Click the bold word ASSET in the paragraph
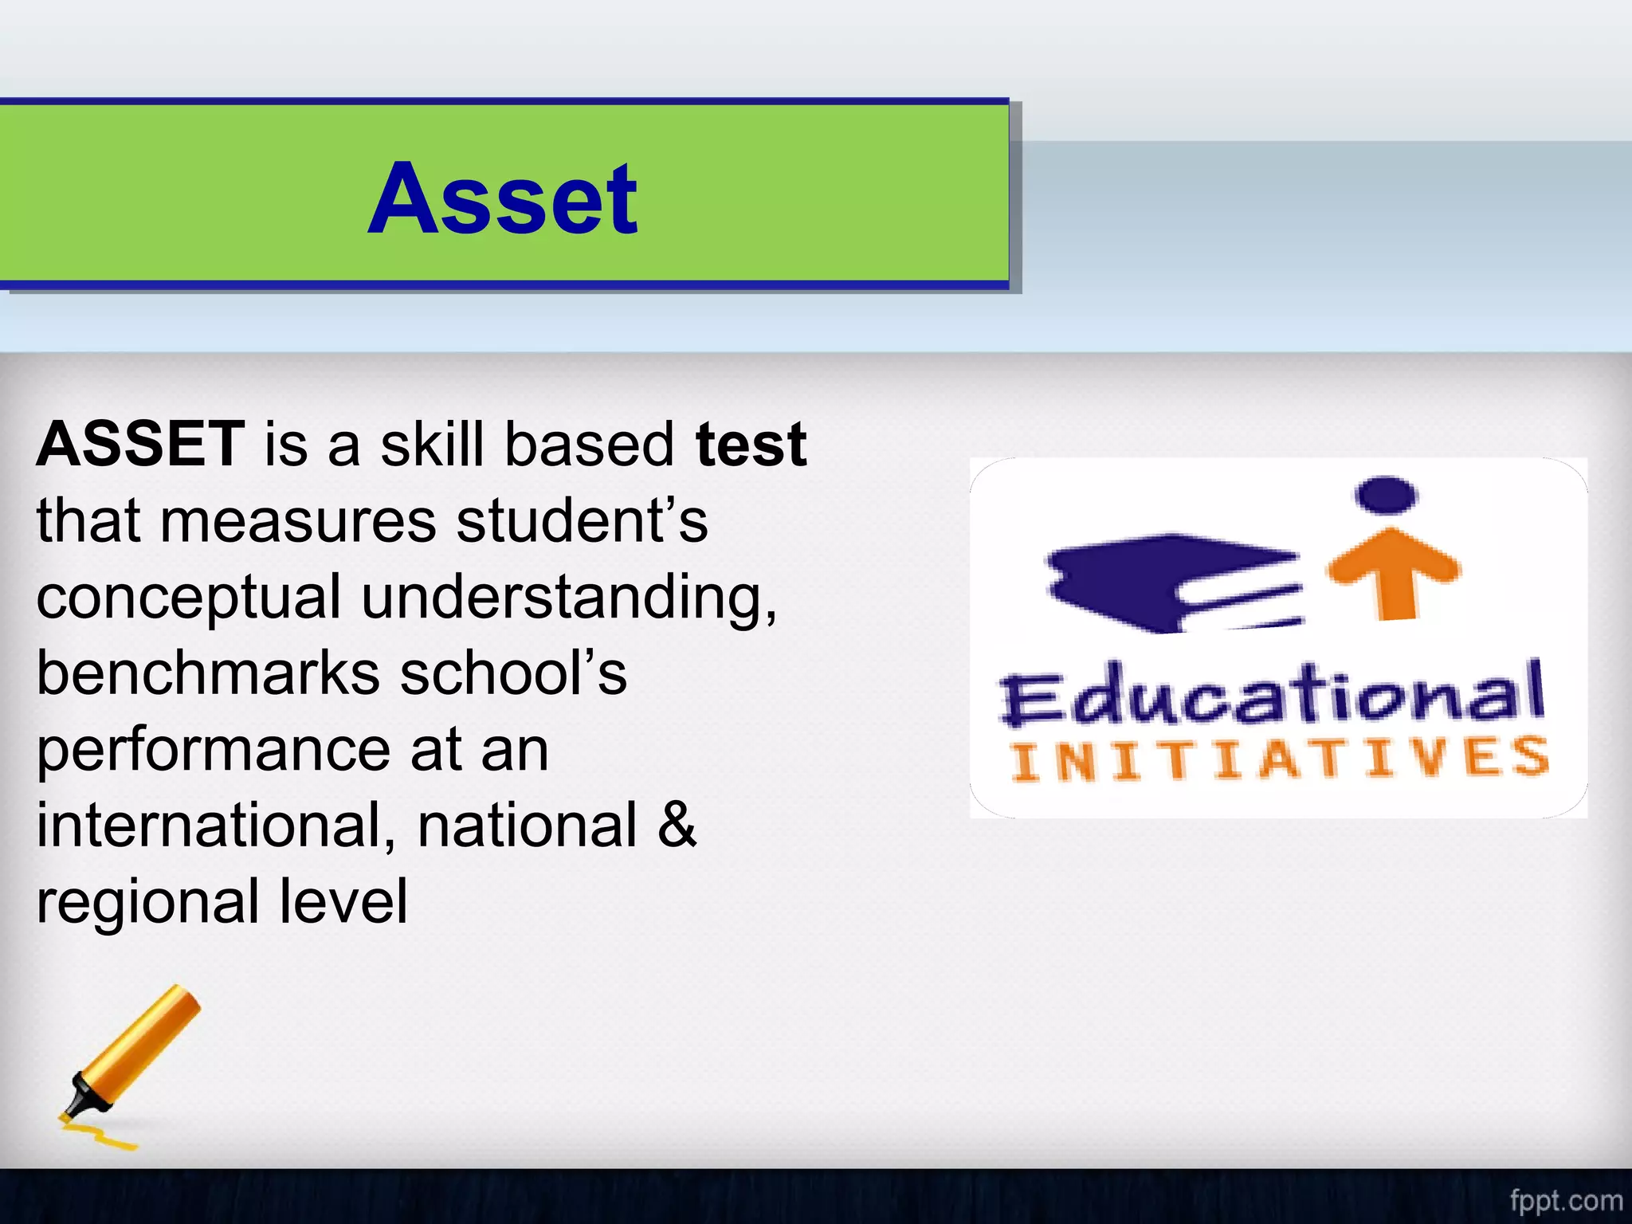click(x=140, y=444)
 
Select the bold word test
click(x=751, y=444)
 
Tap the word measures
click(x=298, y=520)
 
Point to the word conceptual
click(x=188, y=598)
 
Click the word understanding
click(x=568, y=598)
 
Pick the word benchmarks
click(x=208, y=673)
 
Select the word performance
click(x=213, y=751)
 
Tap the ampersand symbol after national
click(x=677, y=826)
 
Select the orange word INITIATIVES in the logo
click(x=1279, y=759)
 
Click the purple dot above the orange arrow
click(x=1387, y=494)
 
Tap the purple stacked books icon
click(x=1171, y=582)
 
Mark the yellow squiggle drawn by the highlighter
click(x=100, y=1136)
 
